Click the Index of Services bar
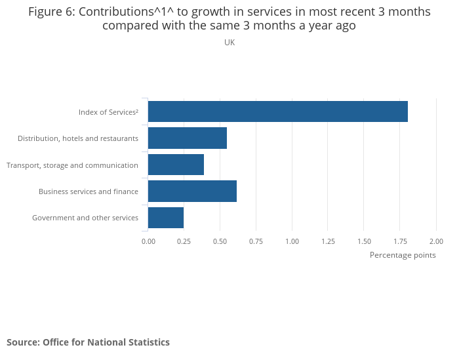[278, 111]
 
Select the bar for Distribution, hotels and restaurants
[188, 138]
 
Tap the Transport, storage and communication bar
[176, 165]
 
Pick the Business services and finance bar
[192, 191]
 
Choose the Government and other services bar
[166, 218]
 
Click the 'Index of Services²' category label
[108, 112]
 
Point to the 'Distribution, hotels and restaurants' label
[78, 138]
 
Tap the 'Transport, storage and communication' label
[72, 165]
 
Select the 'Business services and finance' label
[89, 191]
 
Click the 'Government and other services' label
[85, 218]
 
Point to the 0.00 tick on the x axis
[148, 241]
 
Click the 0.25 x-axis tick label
[184, 241]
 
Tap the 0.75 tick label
[256, 241]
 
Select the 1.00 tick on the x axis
[292, 241]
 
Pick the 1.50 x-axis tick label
[365, 241]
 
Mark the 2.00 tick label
[436, 241]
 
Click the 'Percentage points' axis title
[403, 255]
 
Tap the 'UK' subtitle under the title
[229, 43]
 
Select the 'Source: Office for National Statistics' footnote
[88, 342]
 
